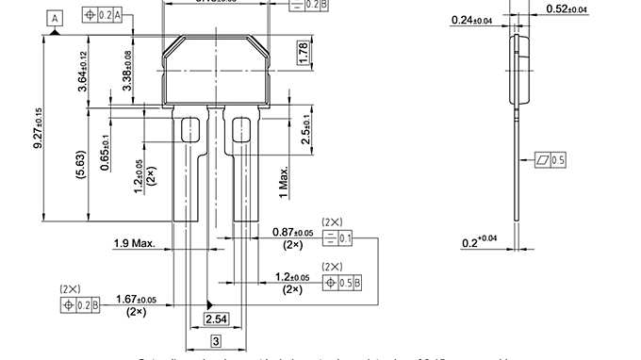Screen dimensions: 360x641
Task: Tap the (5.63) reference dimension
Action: pyautogui.click(x=83, y=162)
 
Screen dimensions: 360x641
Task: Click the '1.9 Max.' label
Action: pyautogui.click(x=134, y=243)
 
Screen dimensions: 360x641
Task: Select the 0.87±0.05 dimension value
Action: pyautogui.click(x=291, y=232)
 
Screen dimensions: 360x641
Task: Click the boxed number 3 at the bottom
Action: pyautogui.click(x=216, y=340)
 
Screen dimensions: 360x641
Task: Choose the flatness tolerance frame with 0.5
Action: pyautogui.click(x=550, y=160)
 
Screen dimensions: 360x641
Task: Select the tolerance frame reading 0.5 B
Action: pyautogui.click(x=343, y=283)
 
